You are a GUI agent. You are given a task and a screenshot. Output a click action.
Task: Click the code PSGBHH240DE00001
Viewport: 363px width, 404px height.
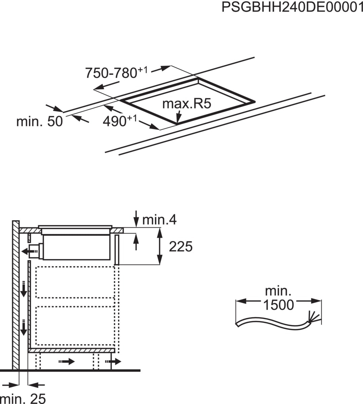pyautogui.click(x=292, y=7)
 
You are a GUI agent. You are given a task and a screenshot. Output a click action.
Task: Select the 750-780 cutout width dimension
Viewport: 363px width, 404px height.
pyautogui.click(x=116, y=73)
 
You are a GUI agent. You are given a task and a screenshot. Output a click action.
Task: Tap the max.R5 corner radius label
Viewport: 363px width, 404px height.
pyautogui.click(x=186, y=104)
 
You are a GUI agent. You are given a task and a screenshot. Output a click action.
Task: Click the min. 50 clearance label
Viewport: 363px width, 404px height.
pyautogui.click(x=39, y=121)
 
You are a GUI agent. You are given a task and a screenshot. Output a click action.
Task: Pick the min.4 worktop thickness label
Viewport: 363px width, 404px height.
pyautogui.click(x=159, y=220)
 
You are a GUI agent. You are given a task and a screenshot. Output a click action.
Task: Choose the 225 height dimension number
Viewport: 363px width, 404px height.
pyautogui.click(x=181, y=246)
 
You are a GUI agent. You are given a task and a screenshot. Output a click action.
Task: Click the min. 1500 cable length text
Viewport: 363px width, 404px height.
pyautogui.click(x=278, y=298)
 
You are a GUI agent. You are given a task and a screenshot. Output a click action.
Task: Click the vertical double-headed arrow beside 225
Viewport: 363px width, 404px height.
pyautogui.click(x=159, y=246)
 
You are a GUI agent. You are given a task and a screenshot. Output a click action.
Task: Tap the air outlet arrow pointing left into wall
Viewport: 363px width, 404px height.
pyautogui.click(x=27, y=251)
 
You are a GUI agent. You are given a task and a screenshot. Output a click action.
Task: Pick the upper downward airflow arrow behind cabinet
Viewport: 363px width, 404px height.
pyautogui.click(x=24, y=289)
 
